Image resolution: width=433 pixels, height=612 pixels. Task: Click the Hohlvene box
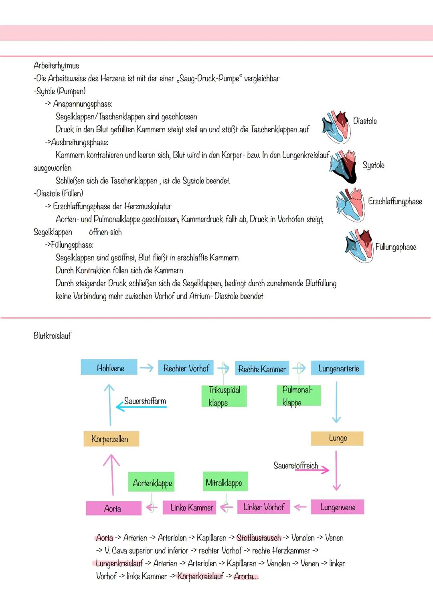[x=109, y=368]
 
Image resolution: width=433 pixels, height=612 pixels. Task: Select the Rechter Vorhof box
[x=186, y=368]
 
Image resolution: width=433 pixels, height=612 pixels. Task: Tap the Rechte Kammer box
[x=262, y=369]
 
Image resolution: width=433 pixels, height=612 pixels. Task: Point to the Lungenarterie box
[x=338, y=368]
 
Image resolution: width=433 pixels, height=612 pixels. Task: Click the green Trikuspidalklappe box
[x=224, y=396]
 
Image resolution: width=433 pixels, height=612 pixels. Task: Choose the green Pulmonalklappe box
[x=298, y=396]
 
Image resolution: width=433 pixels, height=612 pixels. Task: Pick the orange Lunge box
[x=337, y=438]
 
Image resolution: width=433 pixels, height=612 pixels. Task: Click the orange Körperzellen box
[x=111, y=439]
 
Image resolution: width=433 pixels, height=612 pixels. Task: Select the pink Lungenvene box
[x=338, y=507]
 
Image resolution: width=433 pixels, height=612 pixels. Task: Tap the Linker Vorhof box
[x=263, y=507]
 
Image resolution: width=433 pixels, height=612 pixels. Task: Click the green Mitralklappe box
[x=225, y=482]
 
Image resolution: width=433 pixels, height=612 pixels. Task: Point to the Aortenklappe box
[x=152, y=483]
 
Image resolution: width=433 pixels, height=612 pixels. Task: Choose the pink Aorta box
[x=113, y=508]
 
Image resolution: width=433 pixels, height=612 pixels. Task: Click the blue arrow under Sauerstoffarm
[x=141, y=407]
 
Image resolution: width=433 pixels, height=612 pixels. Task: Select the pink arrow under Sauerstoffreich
[x=312, y=470]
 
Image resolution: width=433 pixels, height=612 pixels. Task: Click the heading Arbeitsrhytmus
[x=57, y=66]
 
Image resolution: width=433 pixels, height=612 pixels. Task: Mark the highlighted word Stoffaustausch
[x=259, y=538]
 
